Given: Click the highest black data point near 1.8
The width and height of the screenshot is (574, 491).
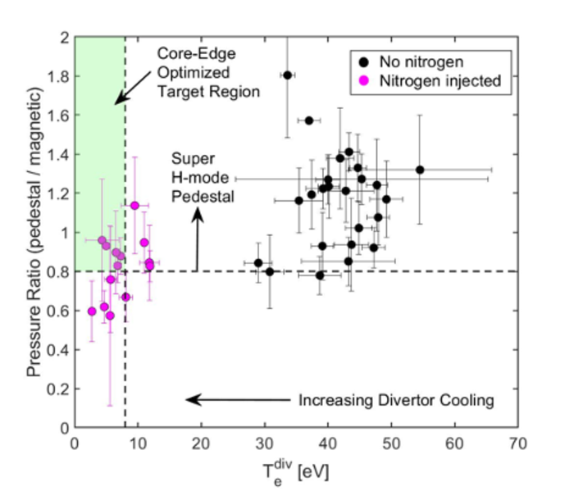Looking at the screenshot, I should [287, 75].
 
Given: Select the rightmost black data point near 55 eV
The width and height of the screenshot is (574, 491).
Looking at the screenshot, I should [420, 170].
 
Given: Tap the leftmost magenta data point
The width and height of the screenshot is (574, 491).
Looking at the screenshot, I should [92, 311].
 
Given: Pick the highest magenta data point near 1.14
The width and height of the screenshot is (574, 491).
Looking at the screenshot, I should [134, 205].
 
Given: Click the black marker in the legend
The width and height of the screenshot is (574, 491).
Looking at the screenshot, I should [362, 61].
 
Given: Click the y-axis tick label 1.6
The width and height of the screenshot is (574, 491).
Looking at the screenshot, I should [58, 116].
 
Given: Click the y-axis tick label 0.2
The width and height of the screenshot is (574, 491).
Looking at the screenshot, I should [58, 389].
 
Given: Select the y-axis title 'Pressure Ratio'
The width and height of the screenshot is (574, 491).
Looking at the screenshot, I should [32, 232].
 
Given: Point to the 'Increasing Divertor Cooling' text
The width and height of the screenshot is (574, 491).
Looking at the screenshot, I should [395, 401].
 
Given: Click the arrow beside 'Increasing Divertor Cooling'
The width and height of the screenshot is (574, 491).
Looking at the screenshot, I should [238, 400].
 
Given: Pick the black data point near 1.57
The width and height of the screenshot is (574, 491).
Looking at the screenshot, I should [309, 120].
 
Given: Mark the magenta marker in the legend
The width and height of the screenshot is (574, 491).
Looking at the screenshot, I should [362, 80].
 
